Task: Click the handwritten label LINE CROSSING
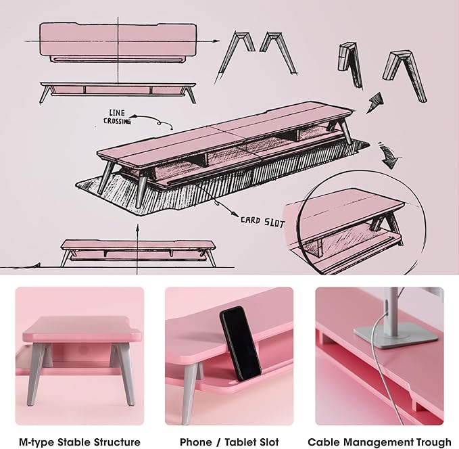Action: [117, 117]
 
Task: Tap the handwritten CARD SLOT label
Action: [262, 222]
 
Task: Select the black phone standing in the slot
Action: [241, 344]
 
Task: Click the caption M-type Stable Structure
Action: [80, 442]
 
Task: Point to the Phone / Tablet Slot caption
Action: [229, 442]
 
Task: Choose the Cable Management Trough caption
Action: [379, 442]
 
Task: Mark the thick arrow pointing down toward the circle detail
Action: [388, 156]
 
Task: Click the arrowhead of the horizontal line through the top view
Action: [216, 41]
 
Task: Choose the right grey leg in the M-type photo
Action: [124, 375]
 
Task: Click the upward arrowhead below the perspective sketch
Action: [137, 227]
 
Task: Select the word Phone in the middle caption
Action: [195, 442]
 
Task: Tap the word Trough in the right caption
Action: [434, 442]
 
